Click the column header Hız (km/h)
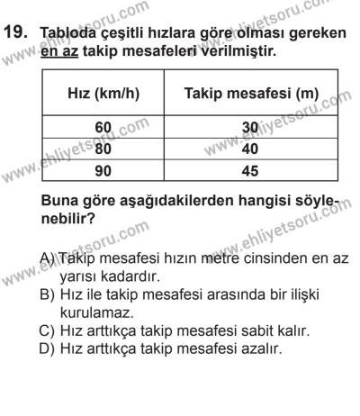(97, 94)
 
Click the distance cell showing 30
(256, 128)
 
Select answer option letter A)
(50, 258)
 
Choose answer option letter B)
(50, 295)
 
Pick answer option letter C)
(50, 332)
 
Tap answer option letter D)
(50, 351)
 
